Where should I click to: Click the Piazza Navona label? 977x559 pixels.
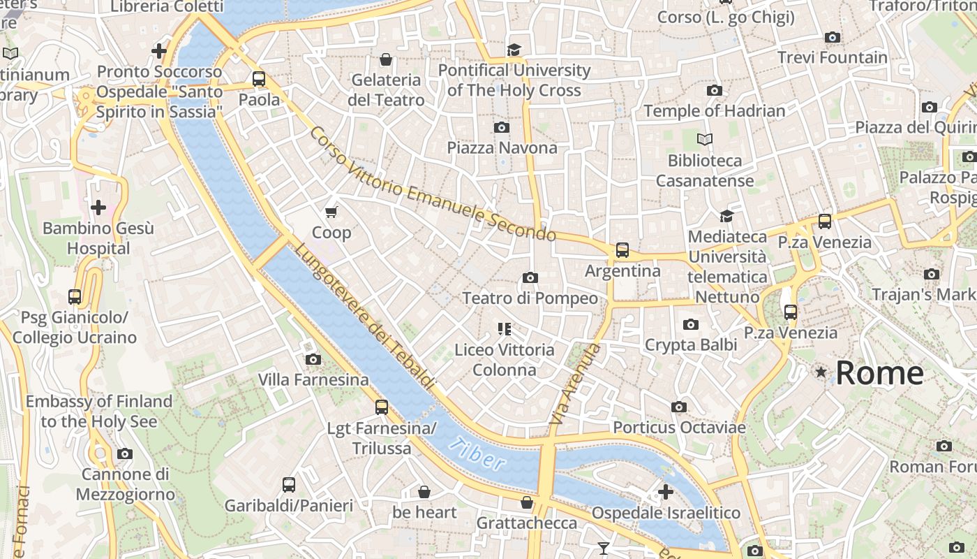[502, 147]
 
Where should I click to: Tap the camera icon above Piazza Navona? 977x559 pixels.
[501, 127]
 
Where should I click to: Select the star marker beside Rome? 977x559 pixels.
[821, 372]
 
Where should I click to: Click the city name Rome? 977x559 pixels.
[879, 372]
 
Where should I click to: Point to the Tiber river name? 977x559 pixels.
[478, 453]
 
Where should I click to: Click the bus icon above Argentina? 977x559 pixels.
[622, 250]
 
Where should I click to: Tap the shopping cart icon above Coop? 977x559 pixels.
[331, 212]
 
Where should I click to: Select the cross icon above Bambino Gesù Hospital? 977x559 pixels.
[98, 208]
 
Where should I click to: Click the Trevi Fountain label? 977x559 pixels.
[832, 57]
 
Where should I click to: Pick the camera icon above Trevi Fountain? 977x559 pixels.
[832, 37]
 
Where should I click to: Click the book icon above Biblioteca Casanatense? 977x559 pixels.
[705, 140]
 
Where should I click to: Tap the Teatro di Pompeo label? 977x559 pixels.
[530, 298]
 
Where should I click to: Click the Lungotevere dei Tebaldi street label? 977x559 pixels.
[364, 317]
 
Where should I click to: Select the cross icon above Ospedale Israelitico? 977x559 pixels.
[666, 492]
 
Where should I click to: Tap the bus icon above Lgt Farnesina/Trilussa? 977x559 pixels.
[381, 407]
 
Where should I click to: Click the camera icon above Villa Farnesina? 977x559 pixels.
[313, 359]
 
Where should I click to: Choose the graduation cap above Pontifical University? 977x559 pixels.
[514, 50]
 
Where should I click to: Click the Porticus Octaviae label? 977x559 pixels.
[679, 427]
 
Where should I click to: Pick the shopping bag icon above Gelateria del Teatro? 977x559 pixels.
[385, 59]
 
